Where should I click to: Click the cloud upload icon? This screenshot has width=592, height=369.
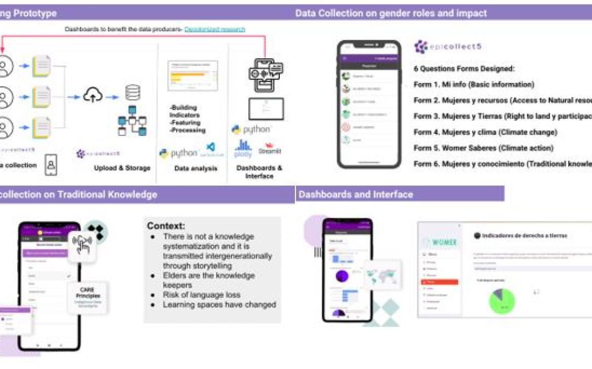coord(93,96)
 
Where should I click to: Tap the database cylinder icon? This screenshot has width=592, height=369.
coord(133,93)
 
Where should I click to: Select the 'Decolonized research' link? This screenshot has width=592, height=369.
coord(215,29)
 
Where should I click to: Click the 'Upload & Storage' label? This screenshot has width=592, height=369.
coord(122,168)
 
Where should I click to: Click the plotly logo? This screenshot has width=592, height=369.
coord(243,149)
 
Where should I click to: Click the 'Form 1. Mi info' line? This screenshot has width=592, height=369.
coord(474,84)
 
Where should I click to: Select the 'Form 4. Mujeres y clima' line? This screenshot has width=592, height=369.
coord(485,132)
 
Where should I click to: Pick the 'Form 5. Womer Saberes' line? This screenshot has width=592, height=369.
coord(483,148)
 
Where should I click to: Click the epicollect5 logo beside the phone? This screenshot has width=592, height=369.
coord(447,47)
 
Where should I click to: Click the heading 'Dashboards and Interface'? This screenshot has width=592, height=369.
coord(356,194)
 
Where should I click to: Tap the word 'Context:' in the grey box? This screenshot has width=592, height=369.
coord(166,226)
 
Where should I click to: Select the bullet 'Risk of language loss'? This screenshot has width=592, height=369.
coord(201,295)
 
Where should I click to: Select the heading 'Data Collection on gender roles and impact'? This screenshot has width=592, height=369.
coord(391,13)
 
